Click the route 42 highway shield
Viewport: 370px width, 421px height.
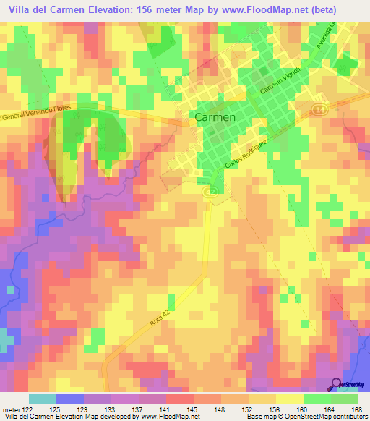210,191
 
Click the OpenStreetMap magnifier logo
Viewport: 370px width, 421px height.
337,384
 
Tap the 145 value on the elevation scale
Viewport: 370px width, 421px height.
193,408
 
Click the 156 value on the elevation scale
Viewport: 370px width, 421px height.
275,408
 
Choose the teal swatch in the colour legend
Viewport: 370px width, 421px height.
43,399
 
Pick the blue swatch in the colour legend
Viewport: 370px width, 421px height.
70,399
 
